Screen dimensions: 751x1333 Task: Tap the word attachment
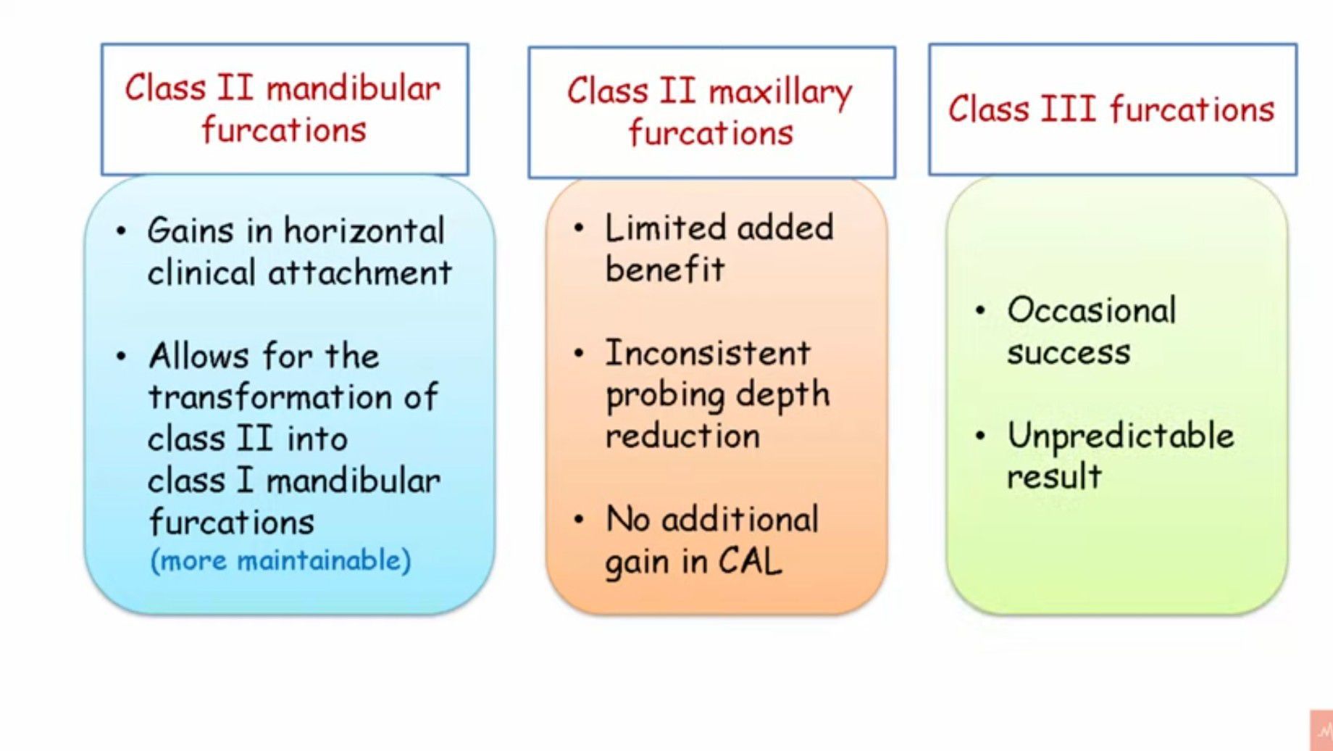(x=360, y=273)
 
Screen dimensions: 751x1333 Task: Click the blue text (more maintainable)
(x=280, y=560)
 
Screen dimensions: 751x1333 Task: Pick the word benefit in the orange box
(x=664, y=270)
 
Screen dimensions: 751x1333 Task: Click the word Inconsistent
(x=708, y=353)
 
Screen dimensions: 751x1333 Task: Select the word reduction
(x=682, y=436)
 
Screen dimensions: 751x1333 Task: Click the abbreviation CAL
(x=750, y=561)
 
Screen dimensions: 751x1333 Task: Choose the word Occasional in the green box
(x=1091, y=310)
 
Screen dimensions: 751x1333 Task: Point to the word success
(x=1069, y=353)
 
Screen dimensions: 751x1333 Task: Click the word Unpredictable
(x=1121, y=436)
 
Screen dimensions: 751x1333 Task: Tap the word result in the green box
(x=1054, y=477)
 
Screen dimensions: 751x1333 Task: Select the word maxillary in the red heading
(x=780, y=93)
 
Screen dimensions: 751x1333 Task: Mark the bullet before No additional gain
(x=578, y=520)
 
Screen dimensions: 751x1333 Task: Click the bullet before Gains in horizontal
(x=121, y=232)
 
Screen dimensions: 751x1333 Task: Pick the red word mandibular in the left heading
(x=354, y=89)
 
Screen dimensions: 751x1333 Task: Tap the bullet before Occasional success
(x=980, y=311)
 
